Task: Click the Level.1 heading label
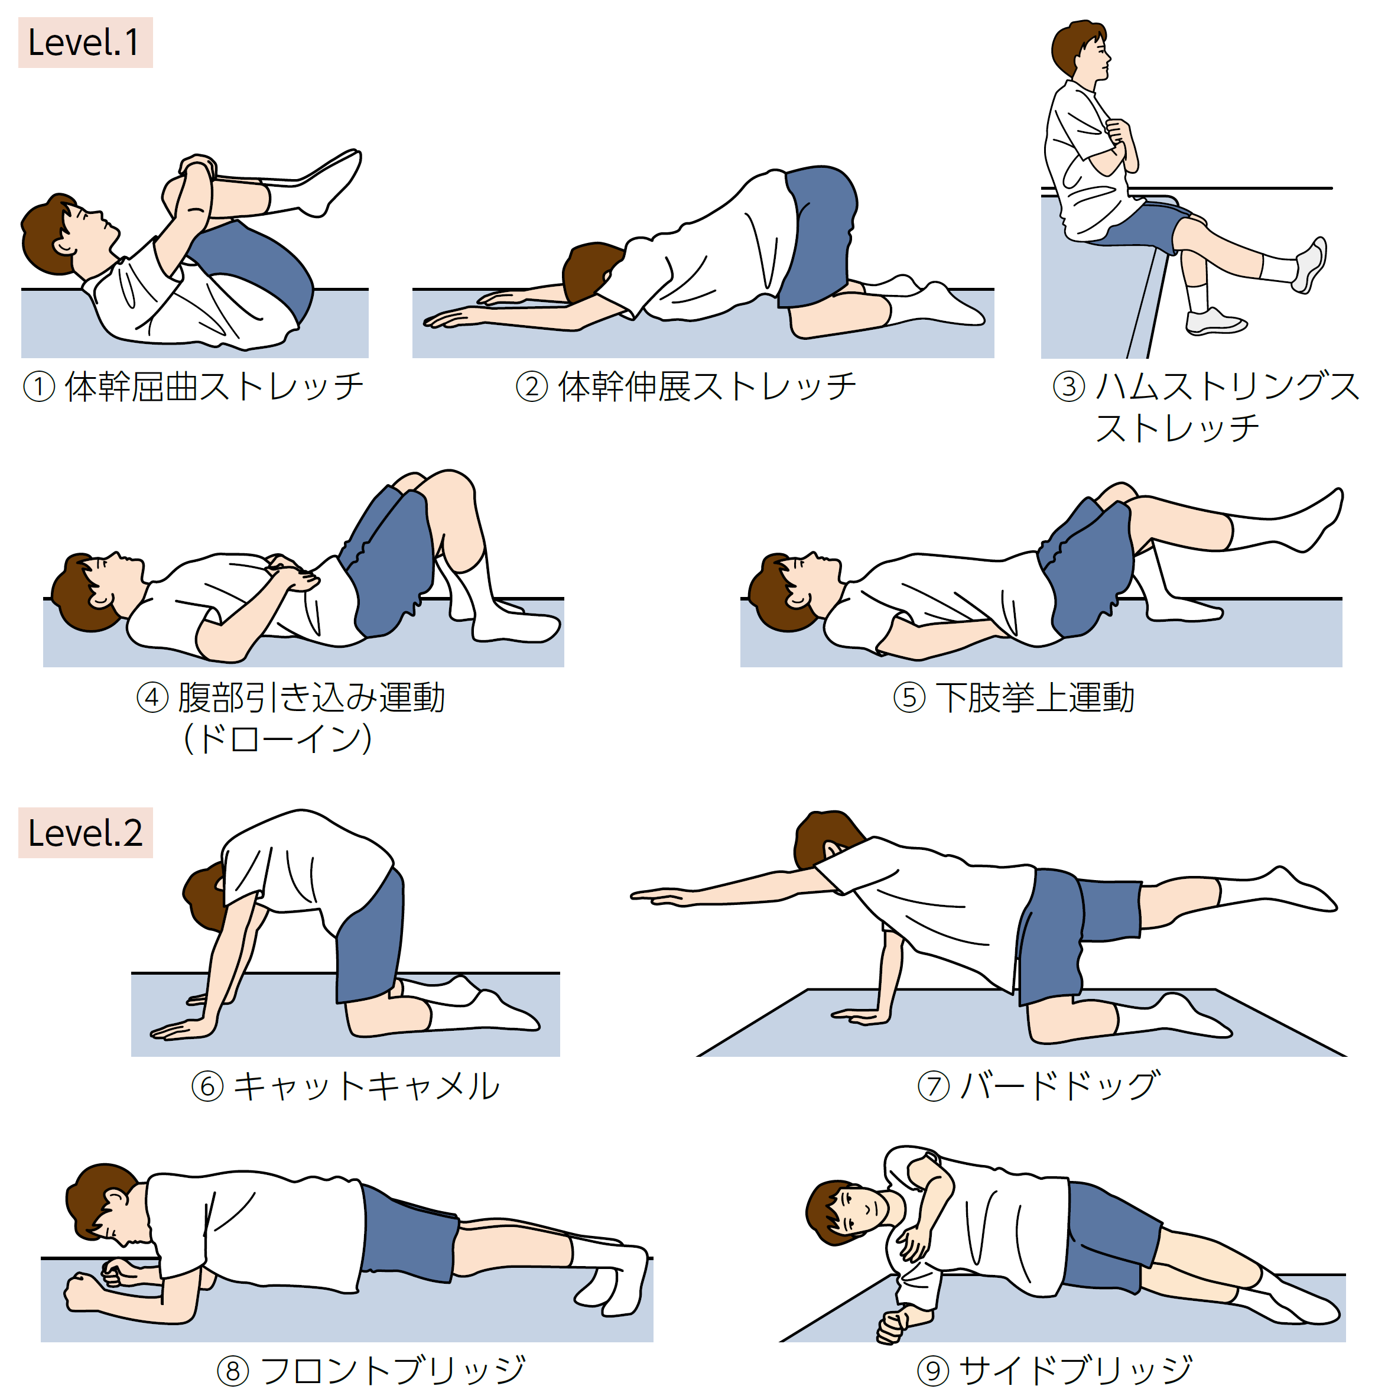click(85, 43)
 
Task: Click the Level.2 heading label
click(85, 833)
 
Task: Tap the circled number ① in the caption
click(40, 387)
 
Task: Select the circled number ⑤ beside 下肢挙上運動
click(909, 697)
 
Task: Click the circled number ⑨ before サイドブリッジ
click(933, 1369)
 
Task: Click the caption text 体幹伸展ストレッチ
click(707, 387)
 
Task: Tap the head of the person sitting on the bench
click(1080, 49)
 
